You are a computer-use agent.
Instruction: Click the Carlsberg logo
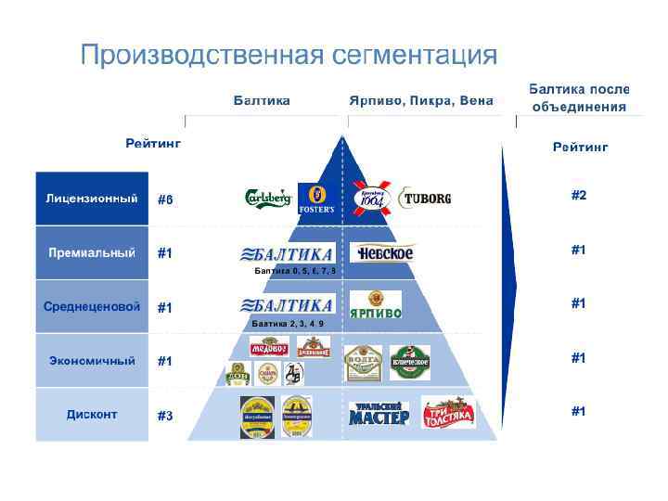coord(267,199)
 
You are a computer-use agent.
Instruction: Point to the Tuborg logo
coord(425,199)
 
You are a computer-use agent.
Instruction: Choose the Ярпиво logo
coord(376,305)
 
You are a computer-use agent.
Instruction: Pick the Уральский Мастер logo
coord(379,414)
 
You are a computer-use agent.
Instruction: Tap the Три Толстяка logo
coord(448,412)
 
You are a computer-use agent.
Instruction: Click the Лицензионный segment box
coord(92,199)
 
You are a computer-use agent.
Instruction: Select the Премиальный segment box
coord(92,253)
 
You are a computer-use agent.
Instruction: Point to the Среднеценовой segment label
coord(92,306)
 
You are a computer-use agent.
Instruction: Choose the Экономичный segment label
coord(92,360)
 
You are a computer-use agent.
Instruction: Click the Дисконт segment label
coord(92,414)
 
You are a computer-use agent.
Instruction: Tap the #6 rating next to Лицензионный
coord(164,199)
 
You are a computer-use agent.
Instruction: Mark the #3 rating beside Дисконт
coord(164,416)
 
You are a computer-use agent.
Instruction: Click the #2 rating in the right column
coord(578,195)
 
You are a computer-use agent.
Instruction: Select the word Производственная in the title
coord(199,56)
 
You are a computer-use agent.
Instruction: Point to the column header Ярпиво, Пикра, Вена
coord(420,100)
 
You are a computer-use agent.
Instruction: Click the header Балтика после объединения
coord(579,98)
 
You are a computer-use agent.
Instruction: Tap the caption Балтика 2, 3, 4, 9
coord(289,324)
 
